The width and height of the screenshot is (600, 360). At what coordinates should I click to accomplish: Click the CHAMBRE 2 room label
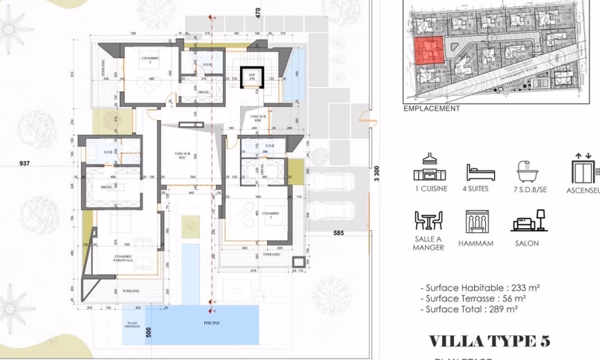pos(149,59)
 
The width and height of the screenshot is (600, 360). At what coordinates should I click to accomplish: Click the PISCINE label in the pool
pos(212,323)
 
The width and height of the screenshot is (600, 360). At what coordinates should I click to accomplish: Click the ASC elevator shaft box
pos(251,76)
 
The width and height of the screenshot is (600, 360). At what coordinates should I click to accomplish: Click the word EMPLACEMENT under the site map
pos(431,109)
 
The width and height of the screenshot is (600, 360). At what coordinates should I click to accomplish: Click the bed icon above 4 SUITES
pos(480,172)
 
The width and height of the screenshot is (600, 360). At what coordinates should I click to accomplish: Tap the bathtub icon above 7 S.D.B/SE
pos(529,172)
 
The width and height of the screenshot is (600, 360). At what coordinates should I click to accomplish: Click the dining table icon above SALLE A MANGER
pos(428,221)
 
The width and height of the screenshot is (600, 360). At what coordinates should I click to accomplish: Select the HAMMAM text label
pos(479,244)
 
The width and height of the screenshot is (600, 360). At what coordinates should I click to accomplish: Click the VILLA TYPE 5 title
pos(489,342)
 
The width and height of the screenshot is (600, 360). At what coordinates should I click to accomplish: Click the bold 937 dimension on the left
pos(25,163)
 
